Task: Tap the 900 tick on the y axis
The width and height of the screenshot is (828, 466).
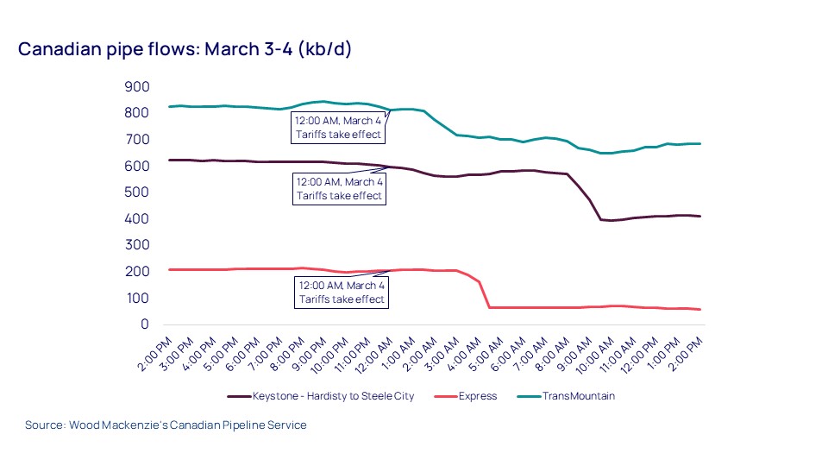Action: click(x=138, y=87)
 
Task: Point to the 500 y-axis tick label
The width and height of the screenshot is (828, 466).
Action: click(x=138, y=192)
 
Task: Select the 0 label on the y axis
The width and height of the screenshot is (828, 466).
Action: click(x=145, y=324)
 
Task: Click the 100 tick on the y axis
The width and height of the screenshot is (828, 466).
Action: click(x=138, y=298)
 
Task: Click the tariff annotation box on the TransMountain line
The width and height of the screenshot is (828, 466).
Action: click(x=338, y=128)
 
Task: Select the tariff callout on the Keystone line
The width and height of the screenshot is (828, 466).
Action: click(x=340, y=189)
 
